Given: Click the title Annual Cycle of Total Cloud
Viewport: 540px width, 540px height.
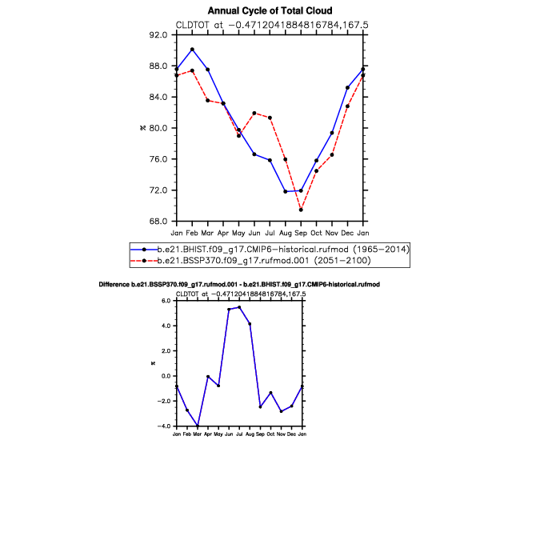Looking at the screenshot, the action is [x=270, y=11].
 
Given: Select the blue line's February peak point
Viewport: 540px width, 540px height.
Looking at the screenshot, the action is [x=192, y=50].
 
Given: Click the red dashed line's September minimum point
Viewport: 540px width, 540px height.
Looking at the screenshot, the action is [x=301, y=210].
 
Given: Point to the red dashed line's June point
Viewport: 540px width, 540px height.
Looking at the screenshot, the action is [x=254, y=114].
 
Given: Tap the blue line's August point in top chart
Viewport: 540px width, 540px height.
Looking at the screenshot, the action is [x=286, y=191].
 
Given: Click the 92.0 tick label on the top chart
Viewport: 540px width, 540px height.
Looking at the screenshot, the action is [x=158, y=35].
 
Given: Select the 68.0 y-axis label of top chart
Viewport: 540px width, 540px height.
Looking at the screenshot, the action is [x=158, y=221].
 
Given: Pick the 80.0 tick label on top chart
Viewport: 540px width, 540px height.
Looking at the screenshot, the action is [x=158, y=128].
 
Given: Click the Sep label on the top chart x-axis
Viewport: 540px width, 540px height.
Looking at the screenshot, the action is [x=301, y=234].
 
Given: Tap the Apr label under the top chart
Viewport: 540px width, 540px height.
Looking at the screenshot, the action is [x=223, y=234].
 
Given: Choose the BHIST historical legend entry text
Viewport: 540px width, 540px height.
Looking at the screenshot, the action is [x=283, y=250].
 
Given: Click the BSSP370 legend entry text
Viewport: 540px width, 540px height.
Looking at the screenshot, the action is [x=264, y=260].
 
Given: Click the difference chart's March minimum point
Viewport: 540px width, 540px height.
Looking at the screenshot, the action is [x=198, y=426].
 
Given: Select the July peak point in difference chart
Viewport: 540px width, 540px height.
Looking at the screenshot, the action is [x=239, y=307].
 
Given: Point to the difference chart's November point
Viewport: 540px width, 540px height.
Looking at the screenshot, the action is [x=282, y=411].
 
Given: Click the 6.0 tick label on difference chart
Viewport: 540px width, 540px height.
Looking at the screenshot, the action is [x=166, y=301].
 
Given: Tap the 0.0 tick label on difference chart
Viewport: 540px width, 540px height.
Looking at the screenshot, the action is [x=166, y=376].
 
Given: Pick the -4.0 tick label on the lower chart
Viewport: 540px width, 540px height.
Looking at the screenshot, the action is [x=164, y=426].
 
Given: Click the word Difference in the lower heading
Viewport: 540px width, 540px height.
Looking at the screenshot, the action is [x=114, y=285].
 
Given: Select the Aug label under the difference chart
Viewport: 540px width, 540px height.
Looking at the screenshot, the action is [x=250, y=434].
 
